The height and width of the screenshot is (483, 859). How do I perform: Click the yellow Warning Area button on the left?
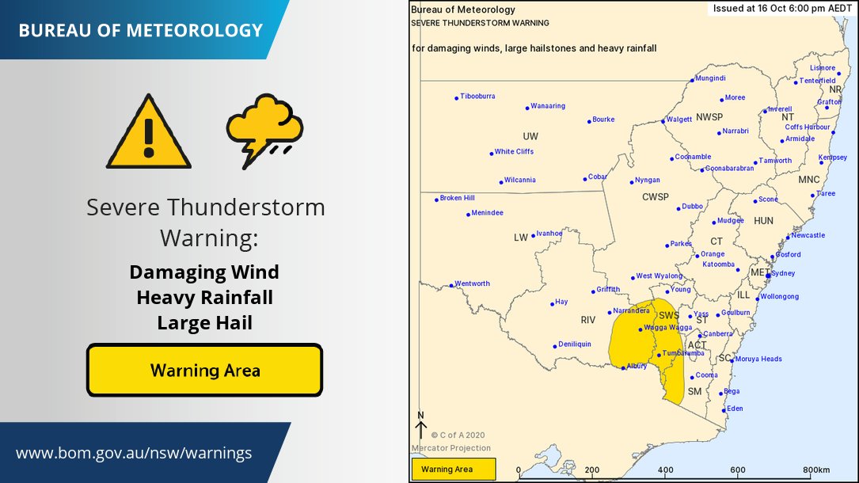coord(204,370)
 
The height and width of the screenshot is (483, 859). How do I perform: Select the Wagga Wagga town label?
coord(669,327)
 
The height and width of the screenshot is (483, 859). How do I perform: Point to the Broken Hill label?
coord(457,198)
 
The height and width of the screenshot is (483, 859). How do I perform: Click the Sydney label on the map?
coord(782,273)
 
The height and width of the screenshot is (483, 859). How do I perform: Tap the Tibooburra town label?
coord(477,97)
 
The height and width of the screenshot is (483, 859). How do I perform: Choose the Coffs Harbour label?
coord(807,127)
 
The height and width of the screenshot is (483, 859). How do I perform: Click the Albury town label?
coord(637,367)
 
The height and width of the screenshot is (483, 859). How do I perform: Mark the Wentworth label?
coord(472,283)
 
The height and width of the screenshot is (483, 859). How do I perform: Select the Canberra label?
coord(717,334)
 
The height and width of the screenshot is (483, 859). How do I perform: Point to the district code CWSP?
coord(655,196)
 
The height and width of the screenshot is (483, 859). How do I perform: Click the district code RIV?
coord(587,320)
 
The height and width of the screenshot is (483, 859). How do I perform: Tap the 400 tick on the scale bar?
coord(664,470)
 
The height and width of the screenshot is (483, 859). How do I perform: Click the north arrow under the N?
coord(421,430)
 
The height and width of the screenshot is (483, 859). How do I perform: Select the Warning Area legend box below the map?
coord(453,470)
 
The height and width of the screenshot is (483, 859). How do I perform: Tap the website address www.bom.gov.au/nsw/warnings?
coord(134,454)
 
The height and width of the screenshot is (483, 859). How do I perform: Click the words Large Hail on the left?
coord(204,323)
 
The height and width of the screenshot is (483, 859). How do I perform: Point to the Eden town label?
coord(735,409)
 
